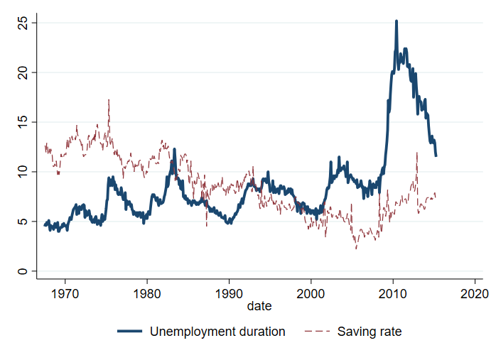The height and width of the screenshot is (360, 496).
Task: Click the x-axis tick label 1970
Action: [x=65, y=292]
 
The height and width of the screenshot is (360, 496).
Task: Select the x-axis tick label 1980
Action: [x=147, y=292]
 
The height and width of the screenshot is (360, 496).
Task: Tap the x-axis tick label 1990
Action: [x=229, y=292]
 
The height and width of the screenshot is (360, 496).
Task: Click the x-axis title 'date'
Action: [x=259, y=306]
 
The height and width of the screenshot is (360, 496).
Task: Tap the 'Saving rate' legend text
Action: [x=370, y=332]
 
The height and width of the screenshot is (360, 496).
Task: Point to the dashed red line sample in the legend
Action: [x=316, y=332]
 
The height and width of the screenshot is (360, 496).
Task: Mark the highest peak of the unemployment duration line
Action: [x=396, y=21]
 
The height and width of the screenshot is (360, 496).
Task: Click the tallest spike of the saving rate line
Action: [x=109, y=99]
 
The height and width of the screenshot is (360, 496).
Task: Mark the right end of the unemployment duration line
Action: [x=436, y=156]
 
